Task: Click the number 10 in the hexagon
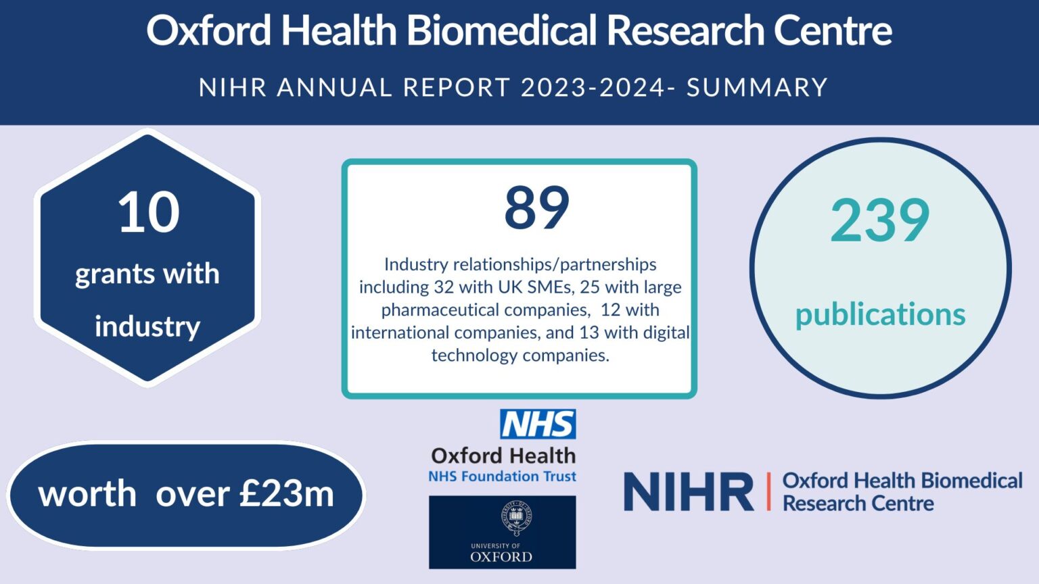coord(149,213)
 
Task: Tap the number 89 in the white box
coord(537,208)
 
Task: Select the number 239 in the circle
coord(880,220)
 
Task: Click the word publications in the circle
coord(880,314)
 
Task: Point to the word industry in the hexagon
coord(147,326)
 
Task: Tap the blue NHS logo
coord(538,424)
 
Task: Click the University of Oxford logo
coord(502,532)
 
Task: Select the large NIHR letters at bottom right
coord(689,492)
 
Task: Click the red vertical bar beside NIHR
coord(768,491)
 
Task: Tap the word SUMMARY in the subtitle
coord(757,88)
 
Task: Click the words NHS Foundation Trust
coord(502,477)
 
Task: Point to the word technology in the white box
coord(474,356)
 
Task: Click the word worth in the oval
coord(87,494)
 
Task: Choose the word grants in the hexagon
coord(114,274)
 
